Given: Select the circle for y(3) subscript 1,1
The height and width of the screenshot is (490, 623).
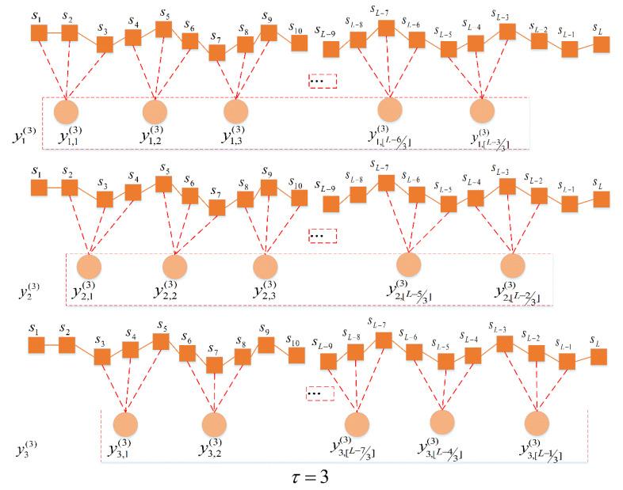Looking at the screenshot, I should point(67,111).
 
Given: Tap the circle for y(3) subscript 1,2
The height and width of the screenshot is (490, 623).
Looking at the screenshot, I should point(156,111).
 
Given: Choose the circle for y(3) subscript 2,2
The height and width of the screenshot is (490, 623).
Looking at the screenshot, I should point(175,265).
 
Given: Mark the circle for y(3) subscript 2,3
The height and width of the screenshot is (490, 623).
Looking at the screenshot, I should point(266,265).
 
